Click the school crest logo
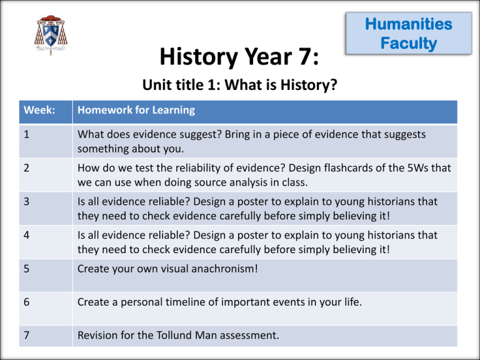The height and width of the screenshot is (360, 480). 51,35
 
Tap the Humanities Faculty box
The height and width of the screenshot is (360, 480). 409,33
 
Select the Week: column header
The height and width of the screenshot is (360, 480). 39,110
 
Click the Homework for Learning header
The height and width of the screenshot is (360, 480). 136,110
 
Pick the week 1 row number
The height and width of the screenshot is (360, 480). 26,134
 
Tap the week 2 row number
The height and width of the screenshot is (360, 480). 26,167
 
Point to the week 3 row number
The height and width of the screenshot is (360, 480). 26,201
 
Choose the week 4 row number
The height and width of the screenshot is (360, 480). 26,235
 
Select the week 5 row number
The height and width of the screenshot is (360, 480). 26,269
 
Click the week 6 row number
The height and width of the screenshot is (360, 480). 26,302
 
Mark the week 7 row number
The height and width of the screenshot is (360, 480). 26,335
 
